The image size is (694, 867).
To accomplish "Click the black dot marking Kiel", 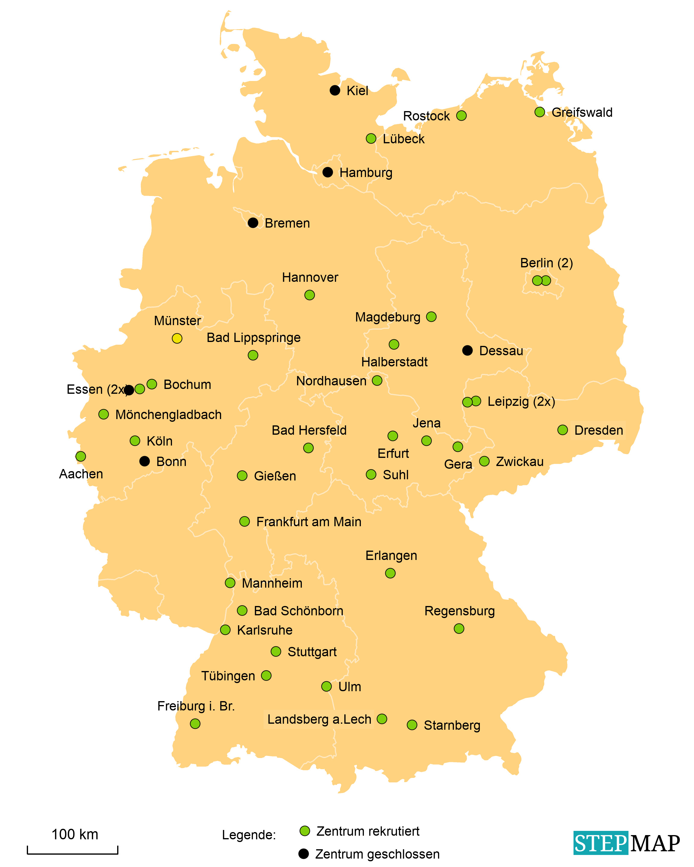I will coord(335,90).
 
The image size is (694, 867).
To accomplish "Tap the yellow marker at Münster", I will coord(177,338).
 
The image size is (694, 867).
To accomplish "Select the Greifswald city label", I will coord(582,112).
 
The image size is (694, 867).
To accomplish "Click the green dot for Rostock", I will coord(461,115).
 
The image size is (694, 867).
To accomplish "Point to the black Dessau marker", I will coord(467,350).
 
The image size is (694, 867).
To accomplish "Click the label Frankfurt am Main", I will coord(308,522).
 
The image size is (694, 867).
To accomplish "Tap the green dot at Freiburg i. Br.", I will coord(195,724).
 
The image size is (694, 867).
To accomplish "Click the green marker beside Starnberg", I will coord(412,725).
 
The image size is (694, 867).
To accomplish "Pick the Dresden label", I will coord(598,430).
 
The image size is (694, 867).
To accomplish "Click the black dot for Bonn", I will coord(144,461).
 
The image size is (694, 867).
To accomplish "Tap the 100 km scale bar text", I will coord(75,834).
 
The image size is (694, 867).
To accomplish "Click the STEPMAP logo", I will coord(627,843).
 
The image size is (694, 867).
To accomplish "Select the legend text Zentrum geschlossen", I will coord(377,854).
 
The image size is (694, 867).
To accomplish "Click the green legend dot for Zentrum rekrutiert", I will coord(305,831).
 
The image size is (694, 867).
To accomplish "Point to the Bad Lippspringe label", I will coord(253,337).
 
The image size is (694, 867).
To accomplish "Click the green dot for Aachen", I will coord(80,456).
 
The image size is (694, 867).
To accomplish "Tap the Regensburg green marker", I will coord(459,629).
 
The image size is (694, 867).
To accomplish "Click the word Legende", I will coord(249,835).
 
